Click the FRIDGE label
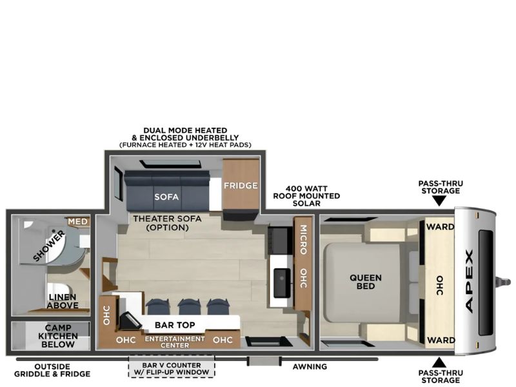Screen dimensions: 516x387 tap(241, 186)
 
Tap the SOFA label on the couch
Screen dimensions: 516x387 tap(166, 197)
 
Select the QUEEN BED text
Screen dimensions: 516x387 tap(366, 282)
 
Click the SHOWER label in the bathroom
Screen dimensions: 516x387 tap(50, 246)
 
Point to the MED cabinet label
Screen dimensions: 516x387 tap(77, 222)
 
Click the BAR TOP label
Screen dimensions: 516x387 tap(175, 325)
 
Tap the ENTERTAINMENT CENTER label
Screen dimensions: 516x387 tap(175, 342)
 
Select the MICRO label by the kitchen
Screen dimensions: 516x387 tap(303, 239)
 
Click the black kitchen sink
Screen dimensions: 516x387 tap(282, 283)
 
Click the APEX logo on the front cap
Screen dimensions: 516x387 tap(470, 281)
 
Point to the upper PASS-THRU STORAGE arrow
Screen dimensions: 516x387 tap(439, 201)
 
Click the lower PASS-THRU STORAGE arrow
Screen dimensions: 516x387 tap(439, 362)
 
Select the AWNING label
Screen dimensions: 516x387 tap(310, 366)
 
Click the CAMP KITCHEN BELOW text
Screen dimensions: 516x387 tap(58, 336)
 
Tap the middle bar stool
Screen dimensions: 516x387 tap(188, 307)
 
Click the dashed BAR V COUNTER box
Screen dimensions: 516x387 tap(172, 366)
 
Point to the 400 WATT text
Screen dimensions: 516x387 tap(306, 189)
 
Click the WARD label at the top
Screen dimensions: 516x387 tap(440, 227)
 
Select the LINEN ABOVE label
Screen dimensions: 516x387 tap(63, 301)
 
